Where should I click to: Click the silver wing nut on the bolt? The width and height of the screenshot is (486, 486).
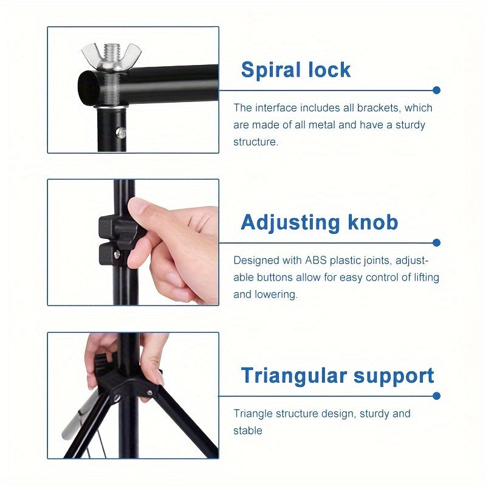pyautogui.click(x=111, y=58)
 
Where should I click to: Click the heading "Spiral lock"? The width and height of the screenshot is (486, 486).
pyautogui.click(x=296, y=70)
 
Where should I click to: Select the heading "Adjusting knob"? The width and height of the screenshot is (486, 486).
pyautogui.click(x=319, y=222)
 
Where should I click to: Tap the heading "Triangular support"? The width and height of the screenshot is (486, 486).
pyautogui.click(x=337, y=375)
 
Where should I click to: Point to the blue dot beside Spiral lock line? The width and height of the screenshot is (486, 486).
pyautogui.click(x=436, y=90)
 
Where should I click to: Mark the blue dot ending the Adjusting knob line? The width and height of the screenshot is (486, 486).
pyautogui.click(x=436, y=242)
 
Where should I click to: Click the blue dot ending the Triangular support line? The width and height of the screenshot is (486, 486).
pyautogui.click(x=436, y=395)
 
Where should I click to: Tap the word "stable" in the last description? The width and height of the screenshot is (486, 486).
pyautogui.click(x=248, y=431)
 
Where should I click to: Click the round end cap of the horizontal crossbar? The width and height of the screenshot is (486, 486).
pyautogui.click(x=89, y=87)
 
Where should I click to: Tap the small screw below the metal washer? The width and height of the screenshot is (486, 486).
pyautogui.click(x=121, y=132)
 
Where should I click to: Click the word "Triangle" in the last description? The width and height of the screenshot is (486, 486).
pyautogui.click(x=253, y=414)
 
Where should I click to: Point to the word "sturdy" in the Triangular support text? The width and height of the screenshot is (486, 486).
pyautogui.click(x=375, y=414)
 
